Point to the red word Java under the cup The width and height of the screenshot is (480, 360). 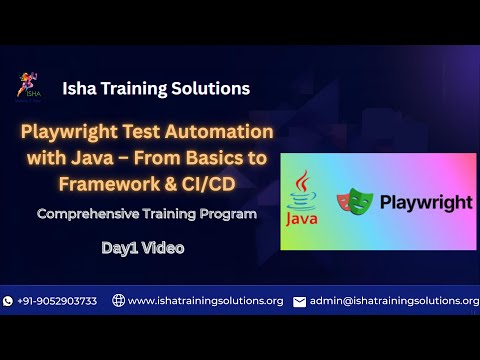[304, 216]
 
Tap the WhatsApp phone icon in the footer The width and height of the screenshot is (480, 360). [9, 300]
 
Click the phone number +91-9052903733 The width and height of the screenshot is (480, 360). [57, 300]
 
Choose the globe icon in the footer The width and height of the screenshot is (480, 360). [118, 300]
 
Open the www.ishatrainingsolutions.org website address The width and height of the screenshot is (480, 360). [205, 300]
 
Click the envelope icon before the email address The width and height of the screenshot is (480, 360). [299, 301]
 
